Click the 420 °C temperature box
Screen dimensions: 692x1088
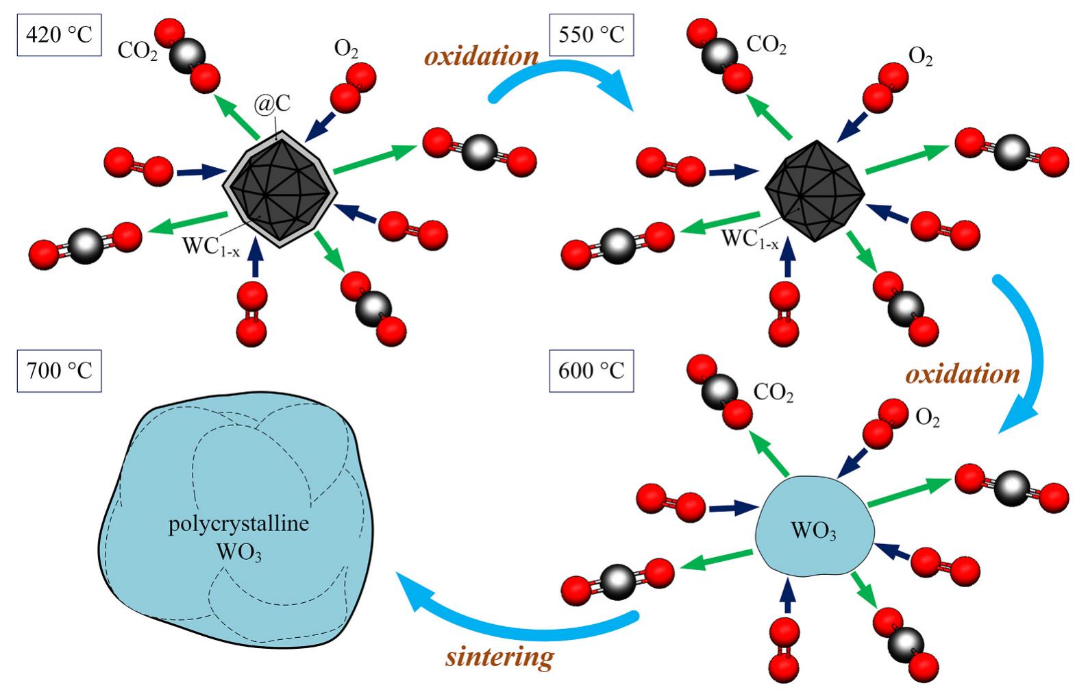[59, 34]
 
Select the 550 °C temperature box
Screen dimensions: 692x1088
[591, 34]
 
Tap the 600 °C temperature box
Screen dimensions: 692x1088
[591, 371]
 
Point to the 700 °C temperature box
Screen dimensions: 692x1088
[59, 371]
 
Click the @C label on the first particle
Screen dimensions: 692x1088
[273, 103]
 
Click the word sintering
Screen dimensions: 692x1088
[499, 657]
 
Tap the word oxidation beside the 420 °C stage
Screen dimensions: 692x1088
[481, 56]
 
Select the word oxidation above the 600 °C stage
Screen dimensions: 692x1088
[963, 374]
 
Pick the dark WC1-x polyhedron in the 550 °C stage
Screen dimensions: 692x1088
[814, 190]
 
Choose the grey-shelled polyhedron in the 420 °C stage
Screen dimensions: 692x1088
[280, 190]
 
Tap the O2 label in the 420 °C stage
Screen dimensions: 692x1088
[346, 49]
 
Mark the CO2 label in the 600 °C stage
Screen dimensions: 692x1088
[774, 393]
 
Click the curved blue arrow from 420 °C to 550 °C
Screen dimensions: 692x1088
[562, 75]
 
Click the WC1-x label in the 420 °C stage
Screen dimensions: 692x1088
[210, 247]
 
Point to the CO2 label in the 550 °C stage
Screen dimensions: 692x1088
[766, 45]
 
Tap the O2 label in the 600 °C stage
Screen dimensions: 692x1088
[927, 417]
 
